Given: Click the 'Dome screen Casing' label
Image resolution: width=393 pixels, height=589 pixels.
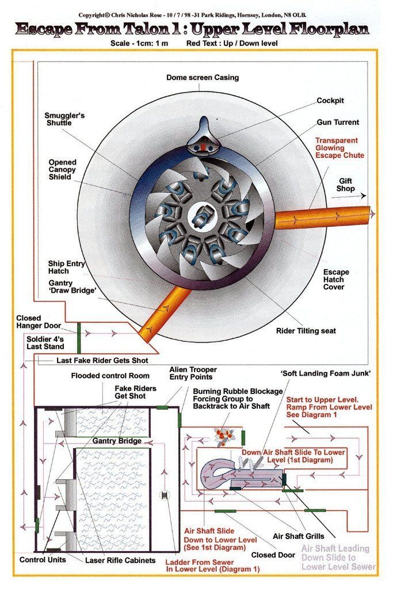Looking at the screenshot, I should (x=202, y=78).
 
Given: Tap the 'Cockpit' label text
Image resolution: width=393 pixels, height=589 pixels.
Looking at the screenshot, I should (x=330, y=101).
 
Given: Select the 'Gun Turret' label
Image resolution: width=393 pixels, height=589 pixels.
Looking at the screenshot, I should (x=338, y=123).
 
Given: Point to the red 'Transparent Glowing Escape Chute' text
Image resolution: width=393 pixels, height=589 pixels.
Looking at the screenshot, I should (x=336, y=148).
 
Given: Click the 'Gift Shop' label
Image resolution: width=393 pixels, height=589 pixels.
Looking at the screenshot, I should (x=346, y=185).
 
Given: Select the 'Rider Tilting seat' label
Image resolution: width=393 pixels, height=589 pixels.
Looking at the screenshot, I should (x=306, y=331).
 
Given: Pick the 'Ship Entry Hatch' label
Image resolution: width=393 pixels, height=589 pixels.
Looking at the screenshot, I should (x=67, y=267).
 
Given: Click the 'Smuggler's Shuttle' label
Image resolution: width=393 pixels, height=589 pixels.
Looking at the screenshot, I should (x=64, y=120).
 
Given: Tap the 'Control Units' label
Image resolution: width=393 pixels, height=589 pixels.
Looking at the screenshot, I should (x=43, y=560).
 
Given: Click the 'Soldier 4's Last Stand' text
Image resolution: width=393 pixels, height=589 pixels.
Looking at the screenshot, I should (x=49, y=343).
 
